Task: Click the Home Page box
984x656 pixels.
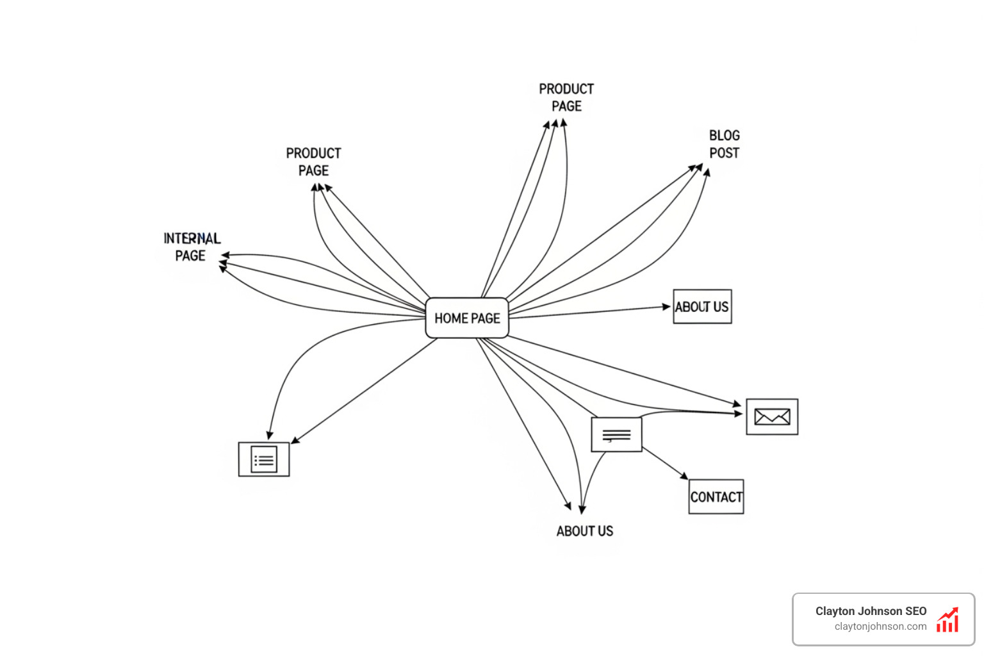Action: (467, 318)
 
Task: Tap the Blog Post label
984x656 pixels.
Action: (724, 144)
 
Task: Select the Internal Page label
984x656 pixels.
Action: (191, 247)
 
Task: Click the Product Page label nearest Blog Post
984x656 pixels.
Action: (566, 97)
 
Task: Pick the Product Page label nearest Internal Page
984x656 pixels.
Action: (313, 162)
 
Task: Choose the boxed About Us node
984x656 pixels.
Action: (702, 306)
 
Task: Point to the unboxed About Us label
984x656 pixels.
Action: (584, 531)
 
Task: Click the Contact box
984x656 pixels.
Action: (716, 496)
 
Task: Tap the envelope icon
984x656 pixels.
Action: (772, 417)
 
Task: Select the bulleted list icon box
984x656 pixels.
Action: (264, 459)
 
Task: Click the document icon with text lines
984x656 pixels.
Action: (616, 434)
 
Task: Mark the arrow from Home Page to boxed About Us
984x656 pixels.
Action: (589, 311)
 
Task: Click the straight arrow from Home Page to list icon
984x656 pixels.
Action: (365, 390)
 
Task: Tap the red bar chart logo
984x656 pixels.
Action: (947, 620)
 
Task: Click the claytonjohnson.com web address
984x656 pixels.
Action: (880, 627)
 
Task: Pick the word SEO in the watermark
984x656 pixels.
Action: (915, 611)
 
